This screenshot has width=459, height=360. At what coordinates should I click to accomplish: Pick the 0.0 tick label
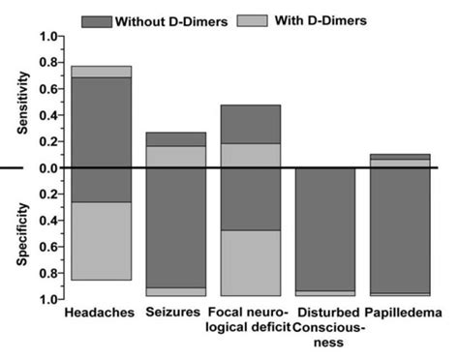[45, 168]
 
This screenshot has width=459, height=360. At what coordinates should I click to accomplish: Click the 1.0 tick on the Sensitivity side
[45, 37]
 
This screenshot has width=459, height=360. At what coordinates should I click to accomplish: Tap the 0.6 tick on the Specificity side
[45, 247]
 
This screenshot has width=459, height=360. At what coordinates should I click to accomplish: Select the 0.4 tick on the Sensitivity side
[45, 116]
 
